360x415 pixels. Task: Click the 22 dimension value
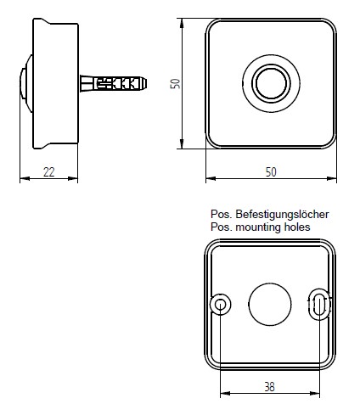[48, 171]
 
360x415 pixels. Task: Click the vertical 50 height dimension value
[174, 83]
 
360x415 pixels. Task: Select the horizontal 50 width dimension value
[270, 171]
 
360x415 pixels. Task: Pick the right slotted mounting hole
[318, 304]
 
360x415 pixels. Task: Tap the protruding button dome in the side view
[21, 83]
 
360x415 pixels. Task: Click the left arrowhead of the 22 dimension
[22, 179]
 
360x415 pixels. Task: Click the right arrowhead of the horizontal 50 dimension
[331, 179]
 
